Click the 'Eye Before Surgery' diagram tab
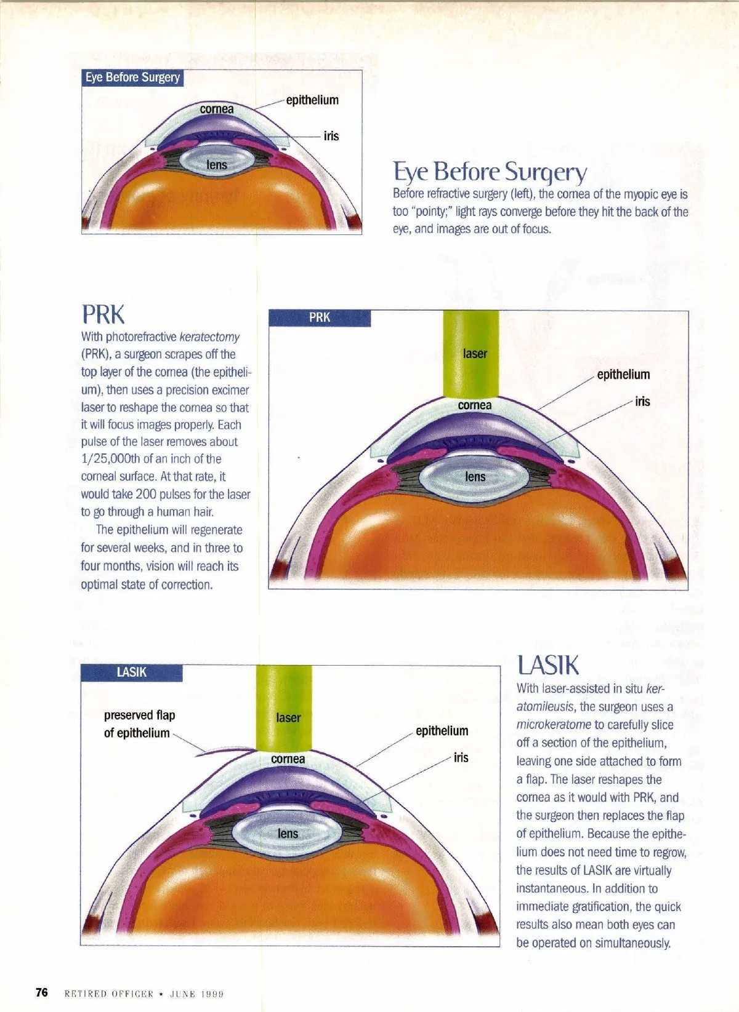[x=132, y=78]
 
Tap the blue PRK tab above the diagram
[x=320, y=317]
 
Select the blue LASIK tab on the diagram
[x=132, y=672]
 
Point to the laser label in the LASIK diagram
[x=288, y=718]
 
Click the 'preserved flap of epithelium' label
[x=139, y=724]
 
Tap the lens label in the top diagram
[x=217, y=165]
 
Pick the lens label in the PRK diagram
[x=475, y=477]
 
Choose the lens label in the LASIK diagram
[x=288, y=834]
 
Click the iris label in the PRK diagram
[x=642, y=402]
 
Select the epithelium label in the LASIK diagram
[x=442, y=731]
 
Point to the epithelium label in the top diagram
[x=312, y=100]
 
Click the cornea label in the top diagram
[x=217, y=110]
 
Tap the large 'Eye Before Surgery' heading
[x=490, y=172]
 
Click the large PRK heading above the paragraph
[x=103, y=314]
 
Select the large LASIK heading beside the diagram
[x=547, y=665]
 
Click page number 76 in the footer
[x=42, y=992]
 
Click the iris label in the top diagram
[x=331, y=136]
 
